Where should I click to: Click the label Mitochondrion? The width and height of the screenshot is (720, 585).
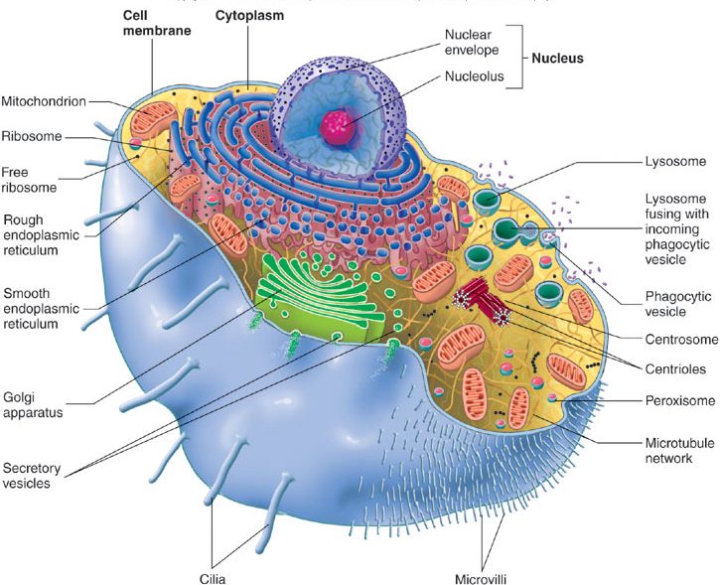click(43, 100)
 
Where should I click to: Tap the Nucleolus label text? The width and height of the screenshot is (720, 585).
click(475, 75)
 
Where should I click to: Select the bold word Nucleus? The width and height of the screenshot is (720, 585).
click(555, 59)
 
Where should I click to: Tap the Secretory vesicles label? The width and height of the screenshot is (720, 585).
click(28, 475)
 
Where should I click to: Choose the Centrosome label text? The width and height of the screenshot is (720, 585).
click(680, 340)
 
